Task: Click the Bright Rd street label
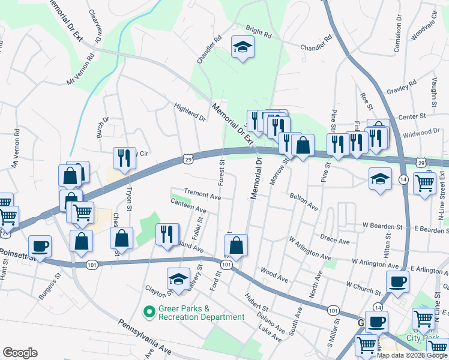[259, 32]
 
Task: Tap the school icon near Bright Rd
[242, 47]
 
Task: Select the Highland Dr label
[190, 112]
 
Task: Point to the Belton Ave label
[303, 201]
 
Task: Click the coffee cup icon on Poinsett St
[40, 247]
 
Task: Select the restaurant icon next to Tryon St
[124, 158]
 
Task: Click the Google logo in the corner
[20, 353]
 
